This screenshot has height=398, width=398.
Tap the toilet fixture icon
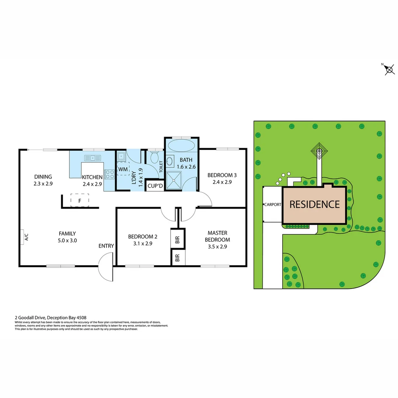(x=155, y=158)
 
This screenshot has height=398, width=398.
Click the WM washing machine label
(x=122, y=169)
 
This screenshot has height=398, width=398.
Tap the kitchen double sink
(x=93, y=158)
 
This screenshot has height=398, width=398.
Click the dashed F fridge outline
(x=80, y=200)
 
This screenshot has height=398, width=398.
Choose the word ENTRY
(x=106, y=246)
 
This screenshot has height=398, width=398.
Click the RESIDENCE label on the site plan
(x=314, y=204)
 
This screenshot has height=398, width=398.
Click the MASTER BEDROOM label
(x=217, y=236)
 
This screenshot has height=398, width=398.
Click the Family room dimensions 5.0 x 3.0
(x=67, y=240)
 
